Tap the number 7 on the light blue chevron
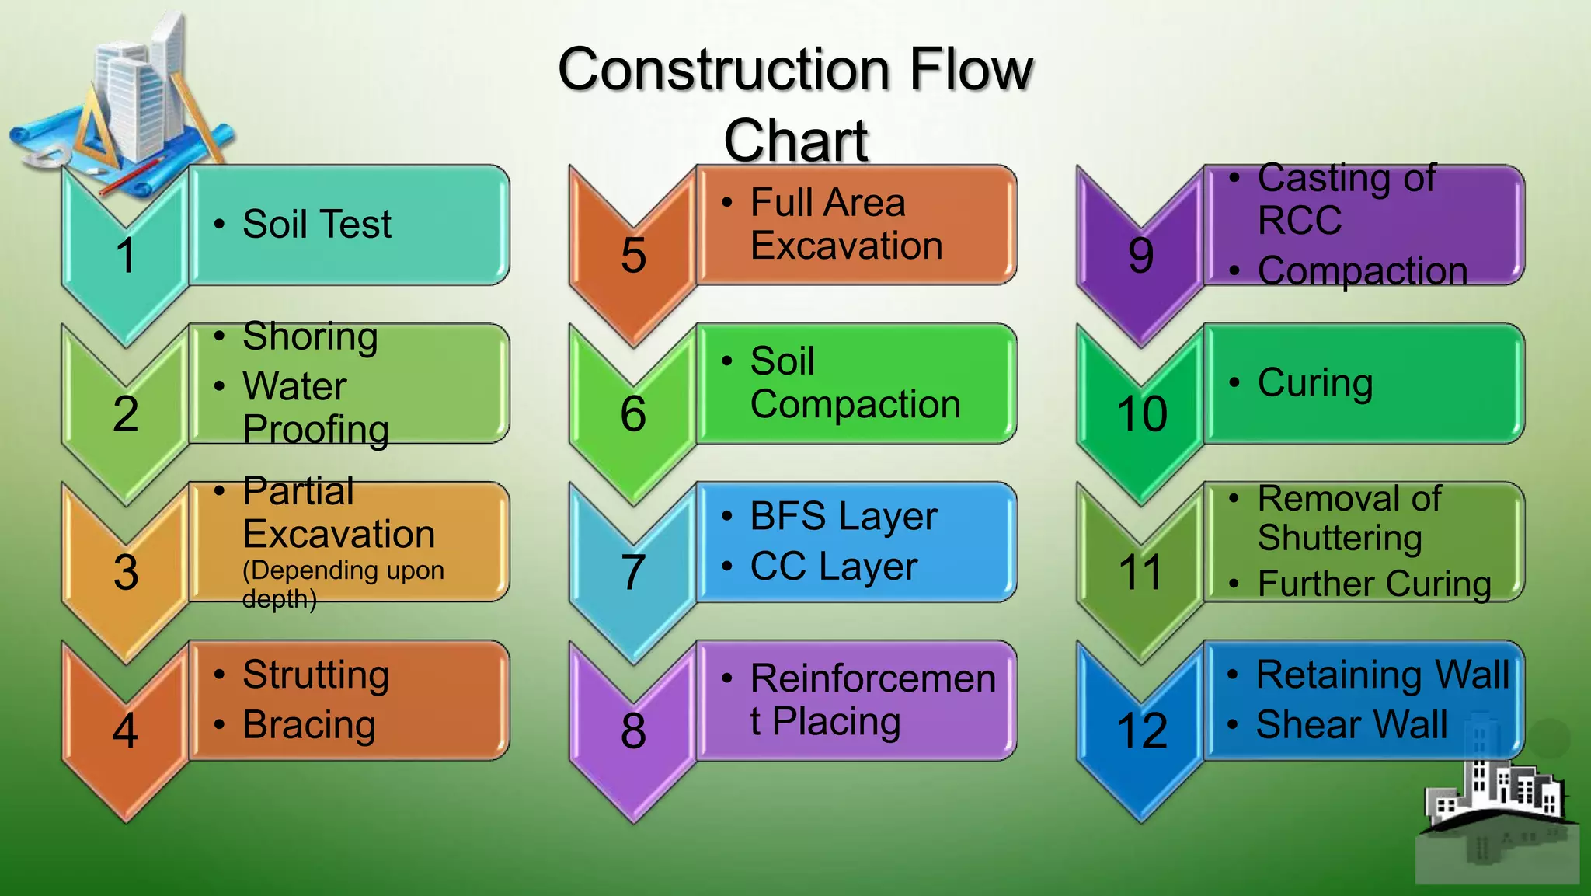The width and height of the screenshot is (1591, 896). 633,572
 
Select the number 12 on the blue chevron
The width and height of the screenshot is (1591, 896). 1141,730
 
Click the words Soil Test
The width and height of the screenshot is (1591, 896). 316,225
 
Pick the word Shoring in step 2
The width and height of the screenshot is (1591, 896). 310,337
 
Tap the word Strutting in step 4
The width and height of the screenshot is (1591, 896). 315,675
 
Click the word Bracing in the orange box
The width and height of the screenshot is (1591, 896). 309,725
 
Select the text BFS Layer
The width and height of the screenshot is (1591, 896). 843,517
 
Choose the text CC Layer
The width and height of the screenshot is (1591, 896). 833,567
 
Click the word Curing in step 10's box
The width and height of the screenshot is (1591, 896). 1314,383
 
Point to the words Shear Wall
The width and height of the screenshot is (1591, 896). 1352,725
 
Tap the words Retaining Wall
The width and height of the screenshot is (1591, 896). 1383,675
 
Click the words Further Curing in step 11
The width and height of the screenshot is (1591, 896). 1373,584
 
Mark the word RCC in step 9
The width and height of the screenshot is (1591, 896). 1299,221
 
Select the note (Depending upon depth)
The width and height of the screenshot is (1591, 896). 342,584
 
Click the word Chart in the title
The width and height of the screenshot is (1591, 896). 795,141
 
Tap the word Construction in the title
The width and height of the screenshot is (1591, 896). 722,70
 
